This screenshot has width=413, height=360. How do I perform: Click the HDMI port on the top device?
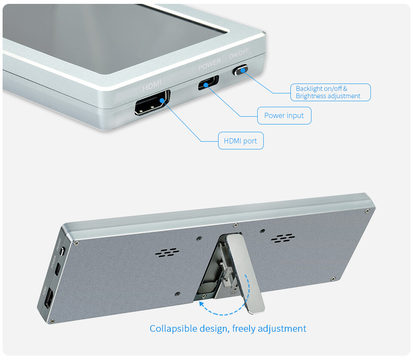(152, 103)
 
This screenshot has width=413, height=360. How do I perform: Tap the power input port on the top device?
(208, 83)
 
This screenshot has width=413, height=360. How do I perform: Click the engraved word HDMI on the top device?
(152, 85)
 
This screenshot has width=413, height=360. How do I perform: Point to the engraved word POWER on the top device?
(210, 64)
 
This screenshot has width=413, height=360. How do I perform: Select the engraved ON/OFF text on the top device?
(239, 53)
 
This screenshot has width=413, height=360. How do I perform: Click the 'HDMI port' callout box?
(241, 140)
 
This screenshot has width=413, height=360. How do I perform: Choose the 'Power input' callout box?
(284, 115)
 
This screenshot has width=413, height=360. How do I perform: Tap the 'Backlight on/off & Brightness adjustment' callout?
(330, 92)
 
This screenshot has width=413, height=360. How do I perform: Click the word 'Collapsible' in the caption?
(173, 329)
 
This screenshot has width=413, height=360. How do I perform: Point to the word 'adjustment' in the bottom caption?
(282, 329)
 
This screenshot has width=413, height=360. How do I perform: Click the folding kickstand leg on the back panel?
(245, 273)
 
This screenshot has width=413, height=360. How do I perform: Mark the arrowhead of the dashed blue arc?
(201, 304)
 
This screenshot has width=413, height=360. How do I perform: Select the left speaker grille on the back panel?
(167, 252)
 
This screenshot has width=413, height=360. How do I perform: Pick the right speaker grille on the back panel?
(283, 238)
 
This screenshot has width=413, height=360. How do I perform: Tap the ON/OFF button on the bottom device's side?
(62, 251)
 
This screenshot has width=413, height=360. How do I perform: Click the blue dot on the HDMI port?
(162, 100)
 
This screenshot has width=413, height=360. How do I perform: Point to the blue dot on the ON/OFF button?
(243, 70)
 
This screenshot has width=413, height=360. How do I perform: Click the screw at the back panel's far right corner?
(368, 211)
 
